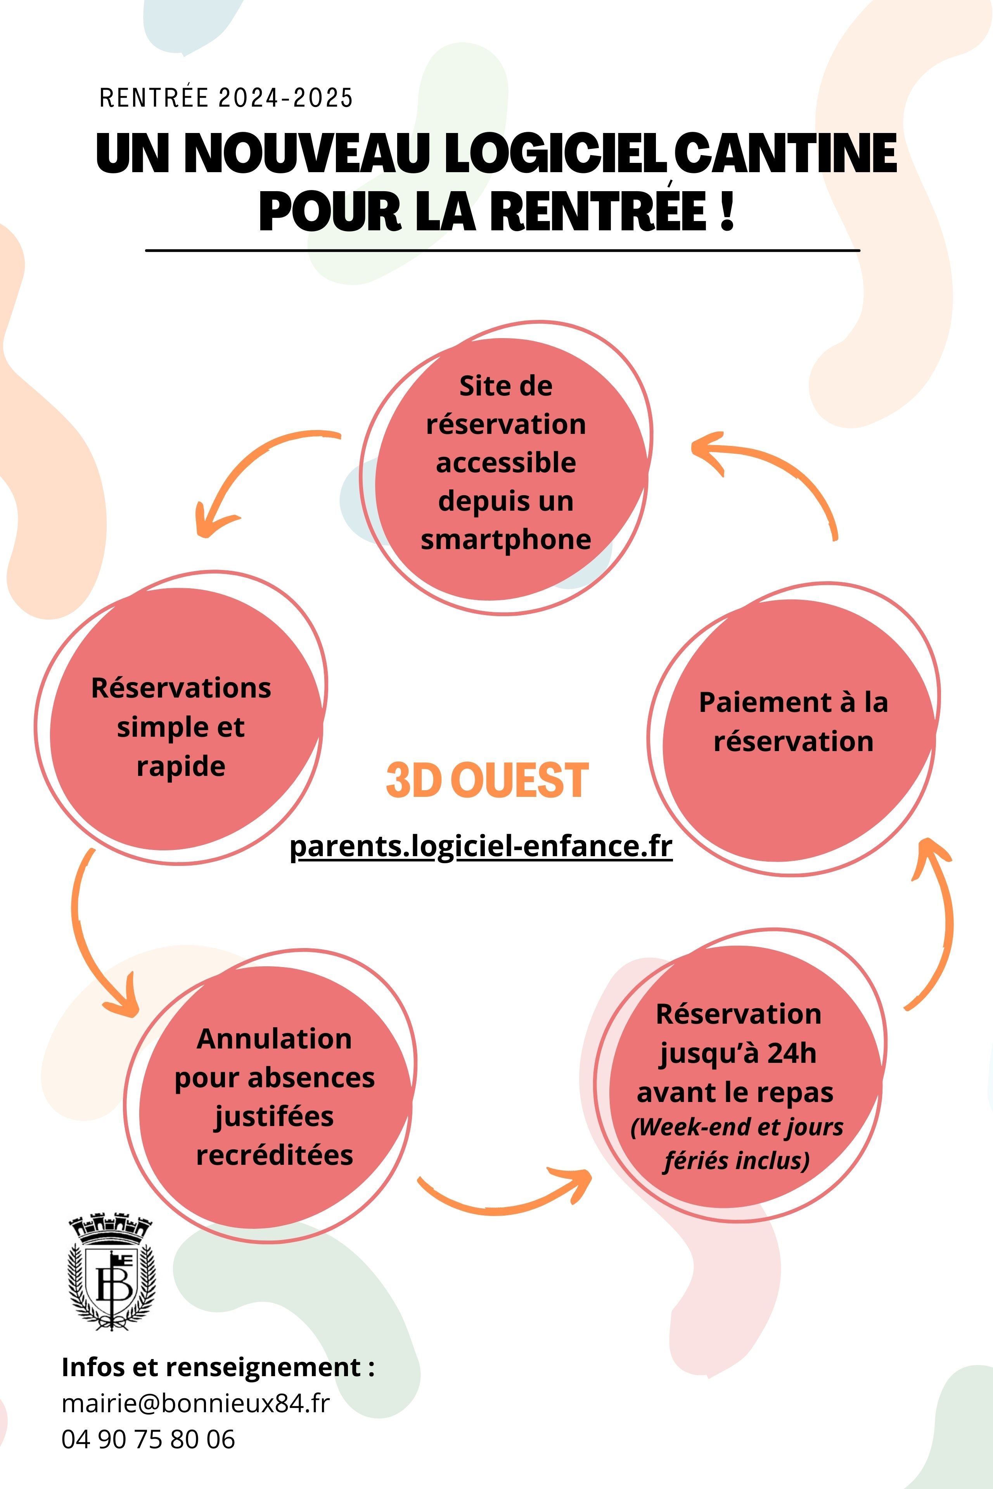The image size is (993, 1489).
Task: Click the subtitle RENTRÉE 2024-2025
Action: click(x=226, y=98)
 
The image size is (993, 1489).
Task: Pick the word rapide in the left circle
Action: click(x=181, y=766)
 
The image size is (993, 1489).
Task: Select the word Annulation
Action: click(x=274, y=1039)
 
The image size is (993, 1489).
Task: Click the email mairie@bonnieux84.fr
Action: click(x=195, y=1403)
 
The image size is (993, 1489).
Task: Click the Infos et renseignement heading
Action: click(x=218, y=1367)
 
